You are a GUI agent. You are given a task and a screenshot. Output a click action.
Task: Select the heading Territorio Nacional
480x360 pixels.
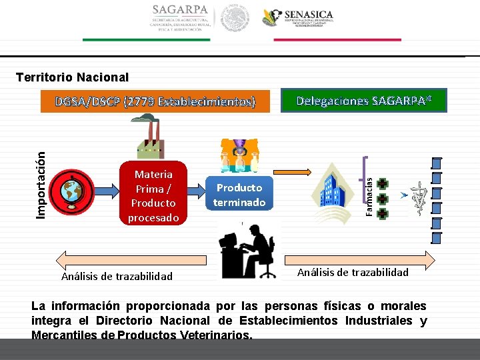[72, 77]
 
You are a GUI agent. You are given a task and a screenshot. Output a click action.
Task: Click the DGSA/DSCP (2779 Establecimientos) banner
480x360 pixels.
[155, 102]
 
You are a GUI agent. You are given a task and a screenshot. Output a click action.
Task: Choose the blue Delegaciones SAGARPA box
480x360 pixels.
[364, 101]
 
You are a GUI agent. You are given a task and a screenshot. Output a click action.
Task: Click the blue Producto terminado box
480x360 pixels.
[239, 194]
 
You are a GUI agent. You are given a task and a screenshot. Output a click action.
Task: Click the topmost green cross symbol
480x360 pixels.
[382, 184]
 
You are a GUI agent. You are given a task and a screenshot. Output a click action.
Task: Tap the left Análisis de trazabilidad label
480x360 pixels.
[117, 276]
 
